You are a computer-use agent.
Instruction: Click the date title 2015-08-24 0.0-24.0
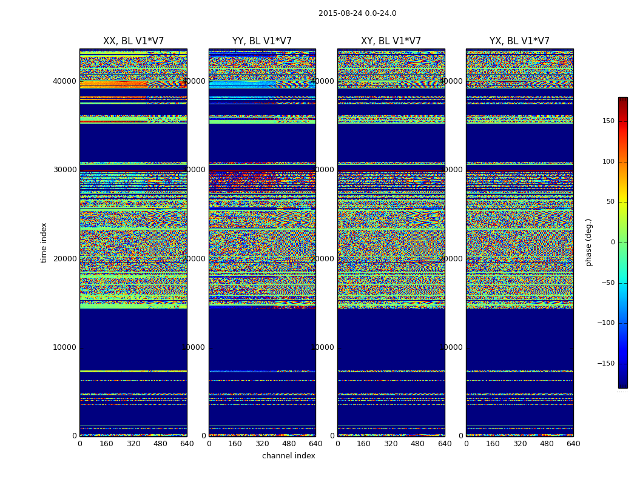[x=357, y=13]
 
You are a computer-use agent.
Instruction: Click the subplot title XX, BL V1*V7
[x=133, y=41]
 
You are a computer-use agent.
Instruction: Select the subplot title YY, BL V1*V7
[x=262, y=41]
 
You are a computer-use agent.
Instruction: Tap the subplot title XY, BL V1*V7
[x=391, y=41]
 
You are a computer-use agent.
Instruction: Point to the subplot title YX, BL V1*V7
[x=519, y=41]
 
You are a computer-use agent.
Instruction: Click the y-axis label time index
[x=44, y=242]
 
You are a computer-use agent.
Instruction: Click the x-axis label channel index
[x=289, y=456]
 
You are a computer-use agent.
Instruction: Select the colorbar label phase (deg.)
[x=588, y=242]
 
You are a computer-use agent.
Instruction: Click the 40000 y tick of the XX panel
[x=65, y=81]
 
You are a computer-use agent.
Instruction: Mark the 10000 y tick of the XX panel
[x=65, y=347]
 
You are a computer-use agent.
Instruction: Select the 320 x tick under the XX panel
[x=133, y=444]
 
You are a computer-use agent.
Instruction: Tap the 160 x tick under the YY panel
[x=235, y=444]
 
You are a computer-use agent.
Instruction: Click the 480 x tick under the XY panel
[x=418, y=444]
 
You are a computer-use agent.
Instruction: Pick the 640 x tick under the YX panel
[x=573, y=444]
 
